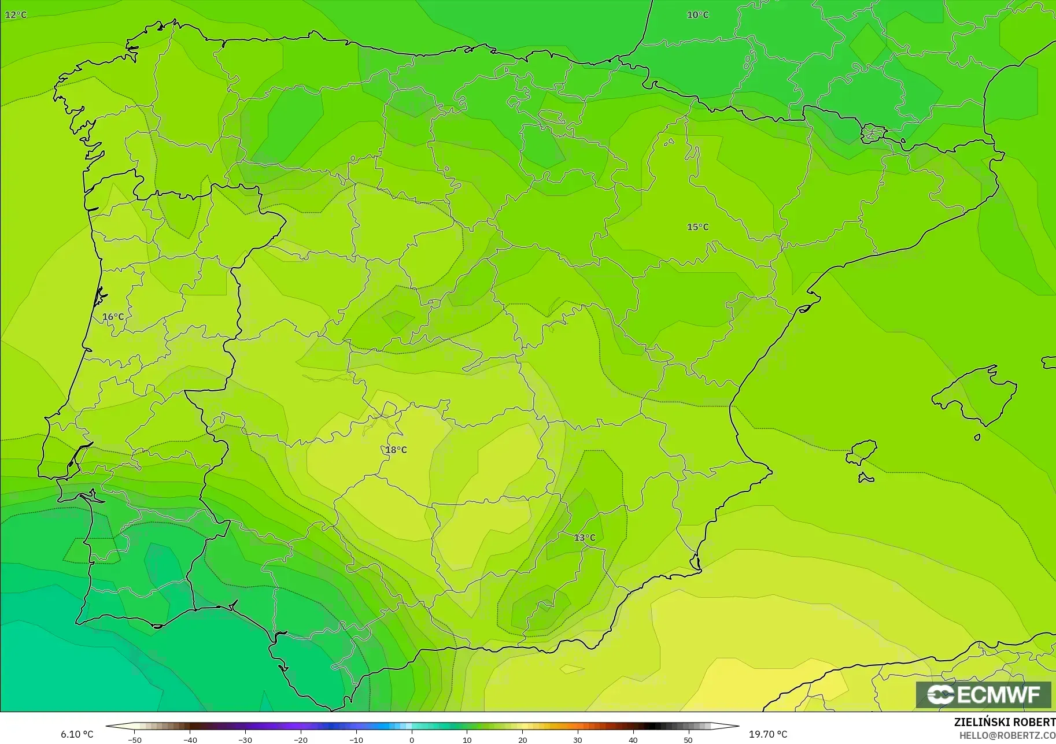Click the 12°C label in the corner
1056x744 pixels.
click(16, 14)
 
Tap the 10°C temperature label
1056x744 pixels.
click(697, 14)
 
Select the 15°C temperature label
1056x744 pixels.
click(697, 227)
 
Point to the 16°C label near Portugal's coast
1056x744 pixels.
click(113, 317)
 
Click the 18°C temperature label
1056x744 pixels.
click(396, 450)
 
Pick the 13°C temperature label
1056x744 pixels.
click(585, 538)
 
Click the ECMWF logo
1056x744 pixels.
click(983, 694)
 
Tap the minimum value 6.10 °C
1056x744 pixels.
click(77, 734)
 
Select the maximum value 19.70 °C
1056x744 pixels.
click(768, 734)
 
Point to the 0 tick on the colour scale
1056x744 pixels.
click(411, 739)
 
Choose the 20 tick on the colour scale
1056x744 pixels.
click(522, 739)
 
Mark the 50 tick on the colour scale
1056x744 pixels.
click(688, 739)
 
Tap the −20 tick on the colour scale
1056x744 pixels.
click(300, 739)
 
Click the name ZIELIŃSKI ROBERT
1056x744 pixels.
click(1005, 723)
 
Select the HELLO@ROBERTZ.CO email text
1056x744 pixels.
click(1007, 735)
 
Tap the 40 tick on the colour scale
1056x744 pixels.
click(633, 739)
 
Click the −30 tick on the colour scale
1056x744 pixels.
click(245, 739)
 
